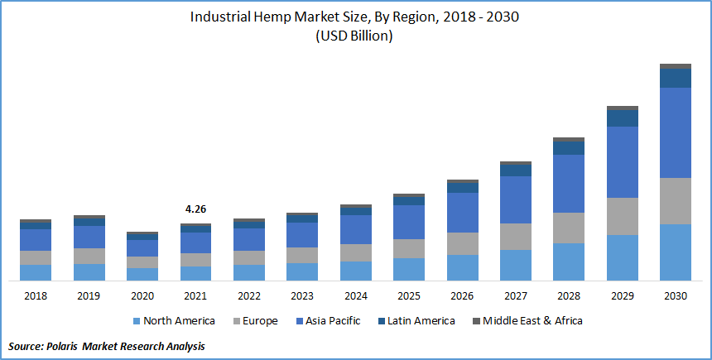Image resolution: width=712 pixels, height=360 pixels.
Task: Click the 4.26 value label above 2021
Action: click(x=195, y=209)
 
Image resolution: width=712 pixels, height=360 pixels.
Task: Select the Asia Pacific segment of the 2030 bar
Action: click(x=675, y=132)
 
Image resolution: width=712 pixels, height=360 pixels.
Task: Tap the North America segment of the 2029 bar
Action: click(x=622, y=257)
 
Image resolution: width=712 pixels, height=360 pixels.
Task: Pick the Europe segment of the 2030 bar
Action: click(x=675, y=200)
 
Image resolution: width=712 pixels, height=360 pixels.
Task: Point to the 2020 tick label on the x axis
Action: click(x=142, y=295)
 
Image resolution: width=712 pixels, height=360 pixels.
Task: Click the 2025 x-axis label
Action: click(x=409, y=295)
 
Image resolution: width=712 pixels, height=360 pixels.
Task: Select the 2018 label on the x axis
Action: click(x=36, y=295)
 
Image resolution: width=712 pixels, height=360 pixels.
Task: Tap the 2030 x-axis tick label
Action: click(x=675, y=295)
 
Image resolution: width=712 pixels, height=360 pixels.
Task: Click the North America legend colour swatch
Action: click(x=136, y=321)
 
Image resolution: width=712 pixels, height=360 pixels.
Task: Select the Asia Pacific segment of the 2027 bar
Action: click(x=515, y=199)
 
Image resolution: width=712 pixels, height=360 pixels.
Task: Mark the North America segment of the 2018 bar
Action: click(x=36, y=272)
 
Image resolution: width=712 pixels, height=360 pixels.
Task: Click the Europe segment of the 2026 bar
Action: click(x=462, y=243)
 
